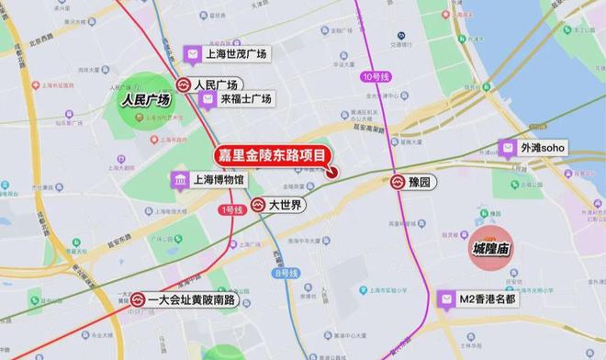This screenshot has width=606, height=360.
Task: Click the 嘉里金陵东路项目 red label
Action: (272, 156)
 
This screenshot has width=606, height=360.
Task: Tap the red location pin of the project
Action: (332, 171)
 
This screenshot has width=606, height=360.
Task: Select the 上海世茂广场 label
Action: (236, 55)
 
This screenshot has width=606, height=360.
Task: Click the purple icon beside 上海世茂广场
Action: (193, 55)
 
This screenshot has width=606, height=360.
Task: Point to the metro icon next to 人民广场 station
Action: (185, 83)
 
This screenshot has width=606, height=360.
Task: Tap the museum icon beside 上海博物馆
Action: (179, 179)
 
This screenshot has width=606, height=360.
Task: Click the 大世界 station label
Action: (286, 205)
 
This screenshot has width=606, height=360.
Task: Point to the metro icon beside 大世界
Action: (259, 205)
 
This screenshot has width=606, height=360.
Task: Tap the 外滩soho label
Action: (544, 148)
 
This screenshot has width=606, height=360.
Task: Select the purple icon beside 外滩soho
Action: (507, 148)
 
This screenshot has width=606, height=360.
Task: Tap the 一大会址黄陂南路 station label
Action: (192, 300)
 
